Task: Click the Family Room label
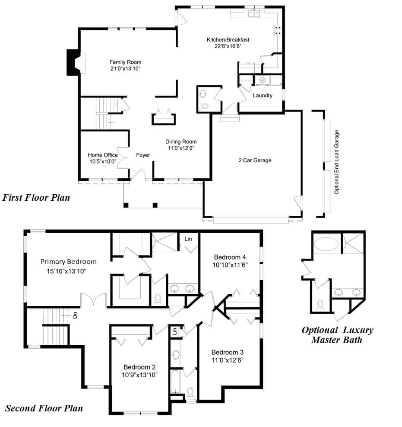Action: pos(125,62)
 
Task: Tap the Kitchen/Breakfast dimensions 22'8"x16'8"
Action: pos(228,46)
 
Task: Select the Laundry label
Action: pos(263,96)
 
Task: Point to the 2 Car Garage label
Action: pos(255,161)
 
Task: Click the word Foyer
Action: pos(143,155)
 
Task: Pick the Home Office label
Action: pos(103,155)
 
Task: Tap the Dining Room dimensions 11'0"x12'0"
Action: pos(181,148)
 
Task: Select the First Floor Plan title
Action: pos(36,197)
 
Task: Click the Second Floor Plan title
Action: pos(44,408)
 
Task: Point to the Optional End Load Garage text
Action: pos(336,162)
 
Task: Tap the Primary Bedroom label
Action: pos(69,262)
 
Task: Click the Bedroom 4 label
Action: pos(230,257)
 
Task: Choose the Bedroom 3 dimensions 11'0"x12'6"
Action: pos(228,360)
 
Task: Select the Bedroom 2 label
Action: pos(139,367)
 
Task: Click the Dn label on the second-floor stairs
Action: pos(75,315)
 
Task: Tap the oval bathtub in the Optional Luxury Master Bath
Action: pos(326,244)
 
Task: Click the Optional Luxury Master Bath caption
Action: pos(337,335)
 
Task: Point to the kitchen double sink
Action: pos(254,13)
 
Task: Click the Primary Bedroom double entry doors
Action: pos(93,299)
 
